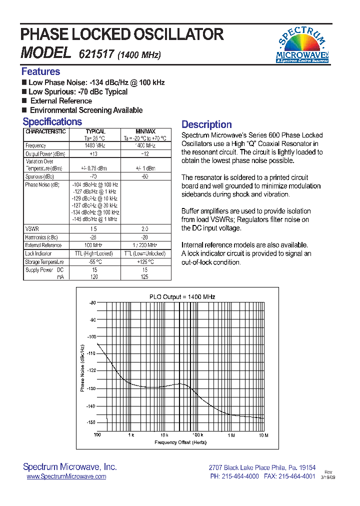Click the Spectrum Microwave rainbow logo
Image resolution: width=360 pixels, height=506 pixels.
[x=302, y=45]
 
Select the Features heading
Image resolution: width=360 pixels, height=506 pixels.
[x=40, y=71]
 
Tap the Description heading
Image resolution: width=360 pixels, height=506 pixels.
[x=206, y=124]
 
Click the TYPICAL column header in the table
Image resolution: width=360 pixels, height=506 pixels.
[x=95, y=131]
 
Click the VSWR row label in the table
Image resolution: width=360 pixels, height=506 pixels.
[x=31, y=228]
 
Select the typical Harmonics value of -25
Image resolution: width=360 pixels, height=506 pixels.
[x=94, y=237]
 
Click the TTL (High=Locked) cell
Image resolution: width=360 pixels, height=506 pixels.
[x=94, y=253]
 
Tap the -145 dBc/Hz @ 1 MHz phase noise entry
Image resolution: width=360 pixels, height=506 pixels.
[x=94, y=219]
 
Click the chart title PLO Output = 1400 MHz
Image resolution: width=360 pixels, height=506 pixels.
[x=182, y=296]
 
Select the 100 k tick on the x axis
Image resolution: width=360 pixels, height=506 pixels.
[x=197, y=435]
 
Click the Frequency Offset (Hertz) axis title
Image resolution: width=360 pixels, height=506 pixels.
[x=180, y=442]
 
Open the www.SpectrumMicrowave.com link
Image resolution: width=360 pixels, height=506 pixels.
[x=66, y=476]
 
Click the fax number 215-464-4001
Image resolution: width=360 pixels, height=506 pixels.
[x=297, y=476]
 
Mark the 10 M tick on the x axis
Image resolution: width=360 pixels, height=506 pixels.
[x=263, y=435]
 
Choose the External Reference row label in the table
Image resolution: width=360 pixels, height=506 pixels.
[x=43, y=245]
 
